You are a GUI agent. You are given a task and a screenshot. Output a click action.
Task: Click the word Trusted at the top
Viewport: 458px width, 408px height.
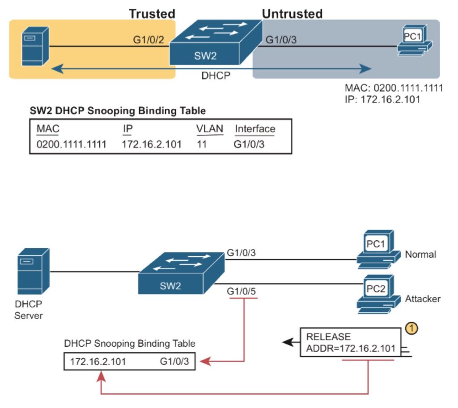pos(152,14)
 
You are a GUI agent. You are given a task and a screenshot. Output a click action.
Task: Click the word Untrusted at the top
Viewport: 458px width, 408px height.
pos(292,14)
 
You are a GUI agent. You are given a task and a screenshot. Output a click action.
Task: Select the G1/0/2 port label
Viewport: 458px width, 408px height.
pos(148,40)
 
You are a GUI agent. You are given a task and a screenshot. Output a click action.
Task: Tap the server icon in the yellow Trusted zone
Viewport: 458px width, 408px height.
pos(34,46)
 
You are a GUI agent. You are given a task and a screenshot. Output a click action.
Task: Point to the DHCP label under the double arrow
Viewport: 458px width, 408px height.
pos(216,76)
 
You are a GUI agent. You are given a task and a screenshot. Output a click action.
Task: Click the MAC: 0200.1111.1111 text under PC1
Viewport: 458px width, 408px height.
pos(394,88)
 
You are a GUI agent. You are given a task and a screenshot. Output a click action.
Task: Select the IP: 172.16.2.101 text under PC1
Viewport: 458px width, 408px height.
pos(382,99)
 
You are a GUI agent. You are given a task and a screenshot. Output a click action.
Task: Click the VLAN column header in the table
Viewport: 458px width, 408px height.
pos(209,129)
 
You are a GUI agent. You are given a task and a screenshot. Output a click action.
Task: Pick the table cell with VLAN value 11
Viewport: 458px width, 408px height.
pos(202,144)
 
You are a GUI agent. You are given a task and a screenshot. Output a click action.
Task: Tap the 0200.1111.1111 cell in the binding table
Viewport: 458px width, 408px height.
pos(71,144)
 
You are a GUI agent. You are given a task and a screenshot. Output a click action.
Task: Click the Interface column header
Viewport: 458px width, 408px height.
pos(255,129)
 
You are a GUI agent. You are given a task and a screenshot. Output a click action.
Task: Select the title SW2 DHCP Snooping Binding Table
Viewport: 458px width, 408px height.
pos(118,110)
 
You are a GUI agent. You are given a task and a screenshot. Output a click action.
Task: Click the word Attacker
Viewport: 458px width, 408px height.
pos(423,298)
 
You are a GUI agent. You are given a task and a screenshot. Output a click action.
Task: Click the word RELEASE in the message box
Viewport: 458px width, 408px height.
pos(328,336)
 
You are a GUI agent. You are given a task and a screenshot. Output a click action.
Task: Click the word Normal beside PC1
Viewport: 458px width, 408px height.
pos(420,255)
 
